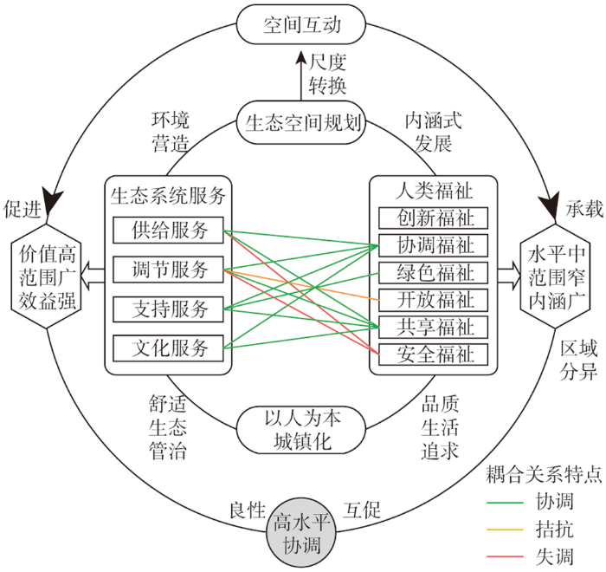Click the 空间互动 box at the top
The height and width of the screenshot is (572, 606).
(x=300, y=24)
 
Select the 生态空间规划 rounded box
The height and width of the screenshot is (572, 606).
(x=300, y=123)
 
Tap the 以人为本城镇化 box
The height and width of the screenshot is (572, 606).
(x=300, y=430)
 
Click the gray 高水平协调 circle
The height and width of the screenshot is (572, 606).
(x=301, y=534)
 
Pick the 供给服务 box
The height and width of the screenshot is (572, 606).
(x=168, y=231)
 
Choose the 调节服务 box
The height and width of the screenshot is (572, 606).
(x=168, y=270)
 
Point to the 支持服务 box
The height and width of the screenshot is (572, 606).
(x=168, y=309)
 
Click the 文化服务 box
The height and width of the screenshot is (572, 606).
(x=168, y=348)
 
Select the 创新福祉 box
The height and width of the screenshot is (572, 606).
(x=433, y=218)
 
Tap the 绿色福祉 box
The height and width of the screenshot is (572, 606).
(x=433, y=272)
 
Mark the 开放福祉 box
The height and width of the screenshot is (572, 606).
(x=433, y=300)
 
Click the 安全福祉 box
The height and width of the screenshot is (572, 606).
(x=433, y=354)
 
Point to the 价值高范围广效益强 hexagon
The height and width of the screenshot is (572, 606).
(x=47, y=276)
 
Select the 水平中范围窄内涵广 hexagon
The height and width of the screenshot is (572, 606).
(x=556, y=276)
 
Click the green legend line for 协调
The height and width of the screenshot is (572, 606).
(x=505, y=503)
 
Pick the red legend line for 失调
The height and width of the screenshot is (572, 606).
(x=505, y=556)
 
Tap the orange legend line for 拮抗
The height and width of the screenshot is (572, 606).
(x=505, y=530)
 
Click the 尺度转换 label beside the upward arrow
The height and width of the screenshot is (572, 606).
(x=327, y=74)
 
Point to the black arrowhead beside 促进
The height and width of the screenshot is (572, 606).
(x=52, y=201)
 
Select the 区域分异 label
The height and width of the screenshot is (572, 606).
(x=578, y=361)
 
